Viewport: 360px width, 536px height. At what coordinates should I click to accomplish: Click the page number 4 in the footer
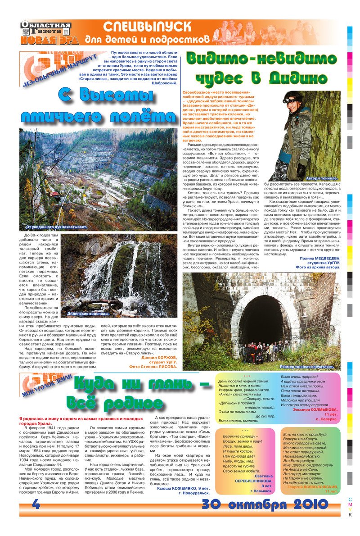(36, 504)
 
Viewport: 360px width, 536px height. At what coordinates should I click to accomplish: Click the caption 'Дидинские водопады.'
(88, 313)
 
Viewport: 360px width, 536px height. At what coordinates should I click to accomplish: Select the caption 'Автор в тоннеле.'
(321, 178)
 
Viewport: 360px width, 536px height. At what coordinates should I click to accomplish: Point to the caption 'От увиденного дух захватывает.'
(57, 227)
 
